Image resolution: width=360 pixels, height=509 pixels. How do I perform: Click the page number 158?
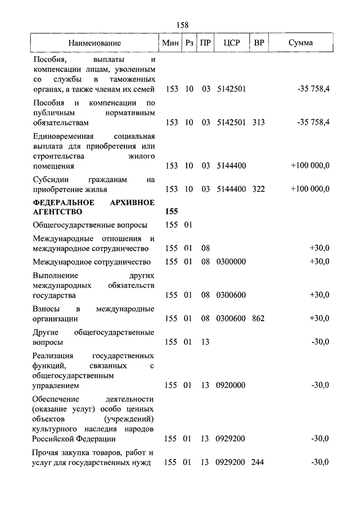tap(182, 25)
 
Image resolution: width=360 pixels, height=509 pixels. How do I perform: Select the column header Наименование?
tap(94, 43)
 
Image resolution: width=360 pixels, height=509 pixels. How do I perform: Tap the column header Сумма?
tap(300, 43)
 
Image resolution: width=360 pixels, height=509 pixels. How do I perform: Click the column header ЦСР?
tap(231, 43)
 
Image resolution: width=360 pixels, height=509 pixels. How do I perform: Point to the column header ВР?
tap(259, 43)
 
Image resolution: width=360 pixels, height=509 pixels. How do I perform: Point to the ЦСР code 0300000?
tap(231, 262)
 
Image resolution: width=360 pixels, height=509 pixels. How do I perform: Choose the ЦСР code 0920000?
tap(231, 386)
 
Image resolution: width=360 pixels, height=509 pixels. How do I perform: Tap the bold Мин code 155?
tap(172, 212)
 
